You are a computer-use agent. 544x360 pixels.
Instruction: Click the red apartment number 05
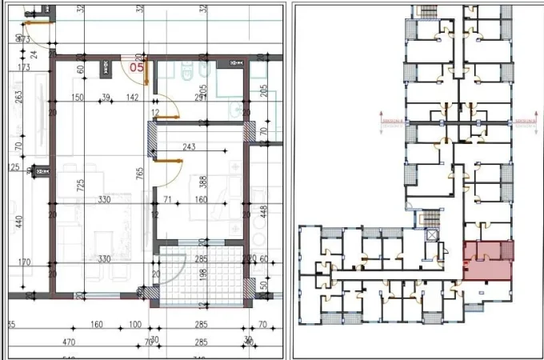(137, 68)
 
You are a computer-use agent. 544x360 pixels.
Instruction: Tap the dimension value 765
(139, 172)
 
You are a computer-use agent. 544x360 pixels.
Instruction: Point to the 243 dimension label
(190, 146)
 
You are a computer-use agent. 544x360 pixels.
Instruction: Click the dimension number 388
(203, 182)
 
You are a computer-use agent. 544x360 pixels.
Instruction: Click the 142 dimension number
(132, 98)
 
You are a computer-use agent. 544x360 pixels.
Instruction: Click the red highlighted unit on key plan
(488, 260)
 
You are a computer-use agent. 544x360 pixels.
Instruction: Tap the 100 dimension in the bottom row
(134, 325)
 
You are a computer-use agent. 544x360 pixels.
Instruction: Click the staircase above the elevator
(430, 217)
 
